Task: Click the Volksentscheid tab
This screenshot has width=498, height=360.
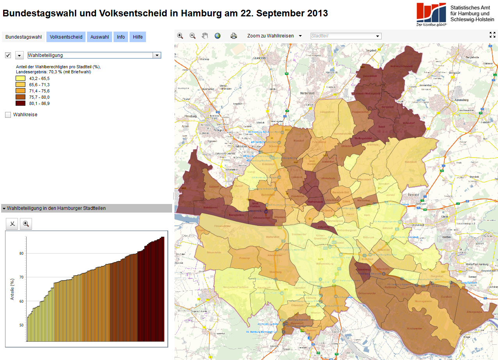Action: point(66,37)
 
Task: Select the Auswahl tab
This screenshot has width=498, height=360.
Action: point(100,37)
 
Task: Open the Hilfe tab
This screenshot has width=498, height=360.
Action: point(138,37)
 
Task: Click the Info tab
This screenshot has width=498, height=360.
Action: point(121,37)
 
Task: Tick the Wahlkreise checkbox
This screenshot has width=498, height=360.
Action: point(8,115)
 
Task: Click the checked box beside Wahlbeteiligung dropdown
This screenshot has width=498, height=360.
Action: point(8,55)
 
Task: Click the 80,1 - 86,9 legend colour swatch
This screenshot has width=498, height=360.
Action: point(21,103)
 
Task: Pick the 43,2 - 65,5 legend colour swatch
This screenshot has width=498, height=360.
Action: point(21,78)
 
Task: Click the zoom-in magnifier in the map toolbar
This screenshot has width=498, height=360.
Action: point(180,35)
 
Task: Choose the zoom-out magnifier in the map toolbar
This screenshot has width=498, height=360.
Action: point(192,35)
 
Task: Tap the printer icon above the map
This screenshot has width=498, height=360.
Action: point(234,36)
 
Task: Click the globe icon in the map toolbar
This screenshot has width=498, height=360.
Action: point(217,35)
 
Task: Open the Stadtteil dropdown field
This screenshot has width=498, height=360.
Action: point(345,36)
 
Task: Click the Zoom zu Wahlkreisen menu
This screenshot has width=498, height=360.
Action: point(274,36)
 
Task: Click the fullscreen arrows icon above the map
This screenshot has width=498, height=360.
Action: point(493,34)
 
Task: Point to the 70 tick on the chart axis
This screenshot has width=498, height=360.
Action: point(21,277)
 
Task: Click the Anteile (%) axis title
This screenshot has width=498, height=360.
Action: point(12,289)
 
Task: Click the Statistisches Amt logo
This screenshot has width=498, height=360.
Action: point(431,14)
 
